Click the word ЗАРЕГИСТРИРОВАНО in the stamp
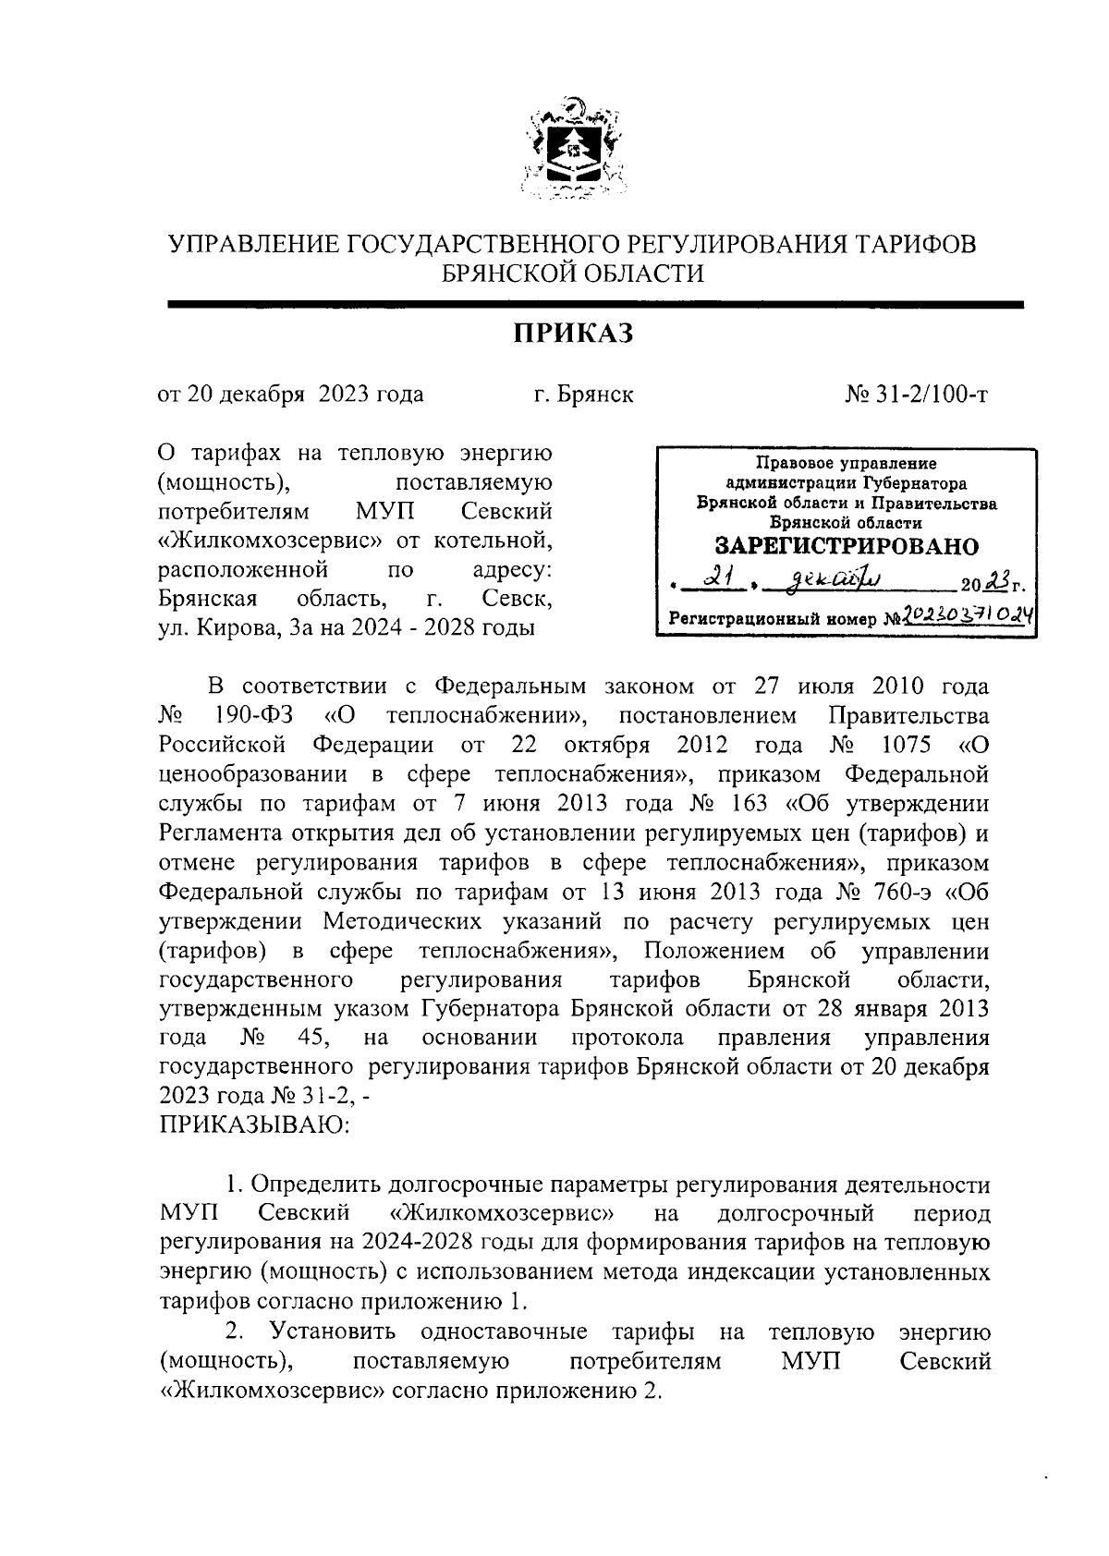pos(847,546)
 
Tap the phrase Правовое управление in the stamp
pos(846,463)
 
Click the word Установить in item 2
pos(333,1332)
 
